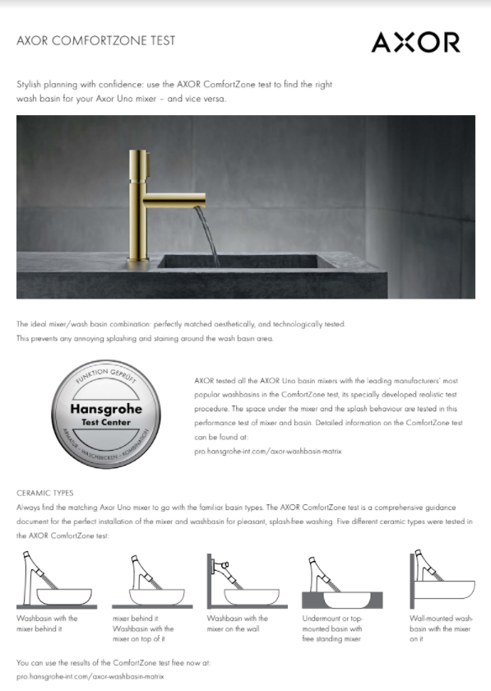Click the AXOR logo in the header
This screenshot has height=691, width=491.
point(415,43)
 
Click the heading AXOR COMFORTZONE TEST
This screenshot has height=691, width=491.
point(95,40)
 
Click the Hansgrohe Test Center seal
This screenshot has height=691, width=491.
point(106,415)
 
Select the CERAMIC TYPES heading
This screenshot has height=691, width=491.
point(45,493)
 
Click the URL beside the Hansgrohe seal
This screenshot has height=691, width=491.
point(267,452)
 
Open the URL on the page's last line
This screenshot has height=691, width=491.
point(86,675)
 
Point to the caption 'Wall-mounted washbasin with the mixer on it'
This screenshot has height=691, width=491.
point(441,628)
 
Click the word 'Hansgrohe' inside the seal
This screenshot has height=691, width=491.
point(106,409)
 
